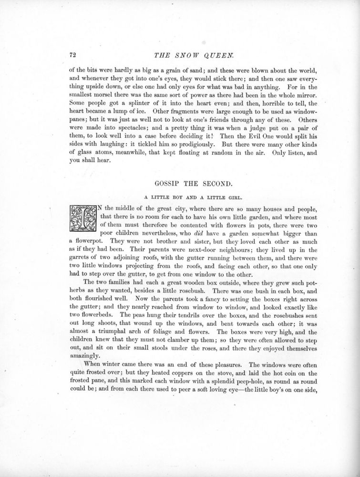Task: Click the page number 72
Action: pyautogui.click(x=73, y=53)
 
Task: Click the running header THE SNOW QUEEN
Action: pyautogui.click(x=180, y=53)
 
